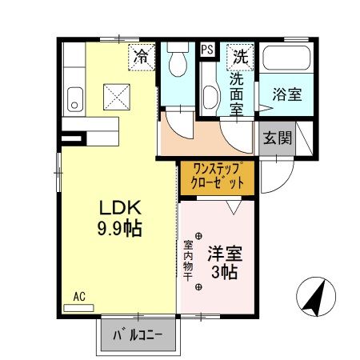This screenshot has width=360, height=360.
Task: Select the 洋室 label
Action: (x=225, y=255)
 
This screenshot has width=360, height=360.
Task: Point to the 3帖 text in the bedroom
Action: (x=225, y=274)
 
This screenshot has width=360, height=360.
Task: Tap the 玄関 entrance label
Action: (x=277, y=137)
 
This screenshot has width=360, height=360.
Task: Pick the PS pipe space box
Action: (x=207, y=50)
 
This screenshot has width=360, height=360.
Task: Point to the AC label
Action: (x=79, y=296)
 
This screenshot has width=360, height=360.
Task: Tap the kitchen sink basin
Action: (x=74, y=99)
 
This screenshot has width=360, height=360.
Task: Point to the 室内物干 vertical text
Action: (x=189, y=261)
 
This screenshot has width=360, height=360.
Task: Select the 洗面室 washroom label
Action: (x=238, y=91)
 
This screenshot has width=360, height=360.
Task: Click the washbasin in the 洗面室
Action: (x=210, y=98)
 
